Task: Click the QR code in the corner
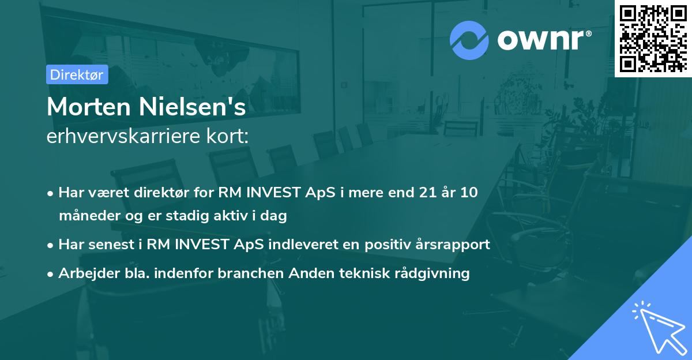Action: [x=653, y=38]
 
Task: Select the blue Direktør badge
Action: [x=77, y=74]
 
